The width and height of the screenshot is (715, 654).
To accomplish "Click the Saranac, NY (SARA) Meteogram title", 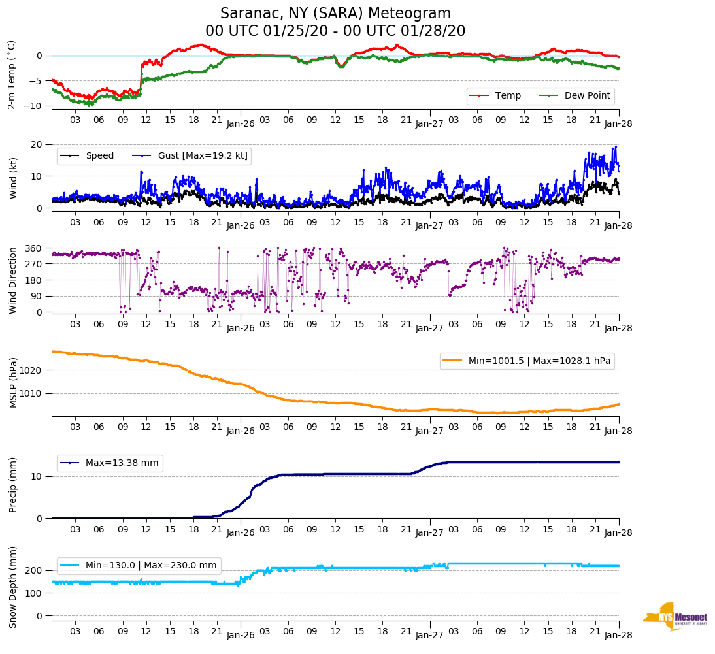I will click(x=335, y=14).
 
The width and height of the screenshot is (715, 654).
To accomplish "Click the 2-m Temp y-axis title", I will click(x=12, y=74).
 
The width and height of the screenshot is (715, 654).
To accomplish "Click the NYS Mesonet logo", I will click(x=674, y=617).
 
